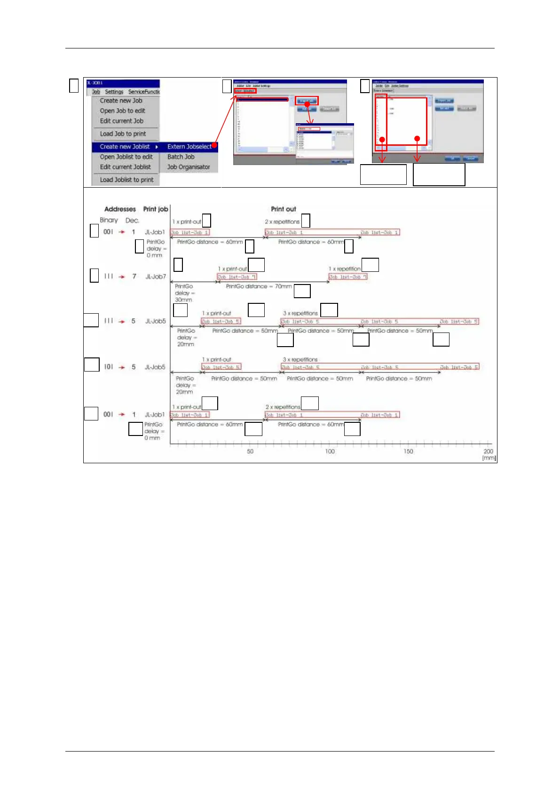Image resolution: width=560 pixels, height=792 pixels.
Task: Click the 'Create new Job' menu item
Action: tap(121, 101)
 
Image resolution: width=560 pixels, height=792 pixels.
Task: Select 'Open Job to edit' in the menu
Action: tap(122, 111)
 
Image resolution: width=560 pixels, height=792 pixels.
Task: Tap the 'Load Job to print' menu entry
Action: tap(123, 134)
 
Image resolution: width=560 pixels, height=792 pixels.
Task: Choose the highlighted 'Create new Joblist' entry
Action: tap(125, 147)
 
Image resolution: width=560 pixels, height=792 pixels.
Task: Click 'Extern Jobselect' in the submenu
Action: tap(189, 147)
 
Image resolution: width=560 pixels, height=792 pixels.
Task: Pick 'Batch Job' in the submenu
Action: tap(181, 157)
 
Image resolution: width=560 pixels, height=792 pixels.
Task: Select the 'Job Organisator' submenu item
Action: tap(189, 167)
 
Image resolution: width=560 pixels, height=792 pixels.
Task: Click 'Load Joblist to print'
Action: tap(126, 180)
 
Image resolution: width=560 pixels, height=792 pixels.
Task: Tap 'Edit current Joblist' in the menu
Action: tap(126, 167)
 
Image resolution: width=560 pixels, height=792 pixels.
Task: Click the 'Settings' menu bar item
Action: tap(114, 92)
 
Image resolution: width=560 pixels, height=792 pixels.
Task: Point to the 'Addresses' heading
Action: tap(120, 209)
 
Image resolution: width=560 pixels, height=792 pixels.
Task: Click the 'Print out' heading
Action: tap(284, 209)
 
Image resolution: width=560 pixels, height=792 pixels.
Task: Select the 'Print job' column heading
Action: tap(156, 209)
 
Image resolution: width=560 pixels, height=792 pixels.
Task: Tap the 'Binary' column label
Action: tap(109, 220)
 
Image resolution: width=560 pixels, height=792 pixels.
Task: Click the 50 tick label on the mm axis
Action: tap(250, 451)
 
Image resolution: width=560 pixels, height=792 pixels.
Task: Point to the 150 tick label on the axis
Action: tap(408, 451)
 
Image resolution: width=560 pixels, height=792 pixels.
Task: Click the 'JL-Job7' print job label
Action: tap(156, 277)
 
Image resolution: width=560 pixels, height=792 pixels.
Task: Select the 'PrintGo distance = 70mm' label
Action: tap(259, 286)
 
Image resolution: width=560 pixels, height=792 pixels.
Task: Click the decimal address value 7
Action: tap(134, 277)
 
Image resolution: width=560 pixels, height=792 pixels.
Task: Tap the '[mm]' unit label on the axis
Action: tap(489, 458)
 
